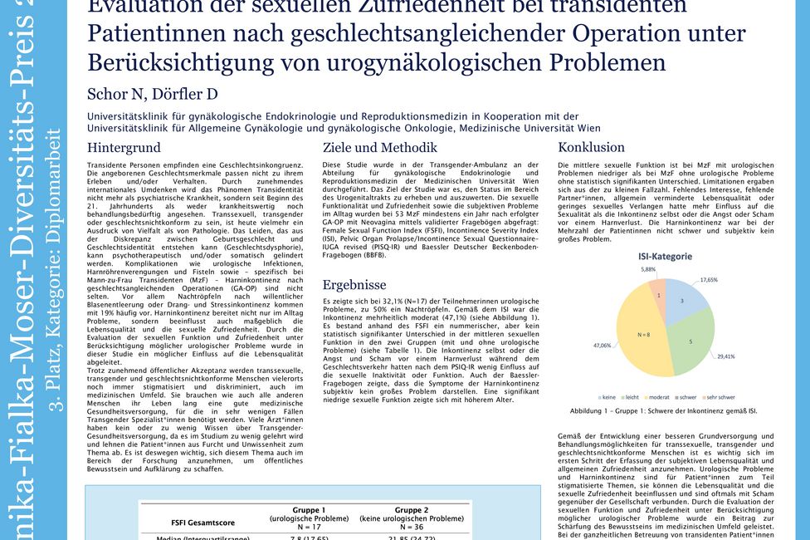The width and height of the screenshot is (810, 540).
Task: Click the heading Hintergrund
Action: (x=124, y=148)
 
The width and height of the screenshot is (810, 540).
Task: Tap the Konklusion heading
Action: (x=591, y=148)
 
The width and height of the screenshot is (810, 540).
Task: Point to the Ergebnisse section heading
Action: (x=354, y=284)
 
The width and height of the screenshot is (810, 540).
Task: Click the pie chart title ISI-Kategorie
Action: (x=664, y=257)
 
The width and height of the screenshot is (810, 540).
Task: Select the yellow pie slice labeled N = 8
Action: (x=645, y=334)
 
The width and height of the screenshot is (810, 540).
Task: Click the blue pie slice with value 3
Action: (x=683, y=300)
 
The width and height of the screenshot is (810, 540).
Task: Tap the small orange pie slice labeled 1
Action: (x=658, y=295)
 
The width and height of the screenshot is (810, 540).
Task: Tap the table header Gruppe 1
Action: (x=310, y=509)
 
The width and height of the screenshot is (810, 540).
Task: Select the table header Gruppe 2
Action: (x=412, y=509)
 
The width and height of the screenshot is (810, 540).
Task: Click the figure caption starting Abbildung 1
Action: (x=663, y=411)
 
